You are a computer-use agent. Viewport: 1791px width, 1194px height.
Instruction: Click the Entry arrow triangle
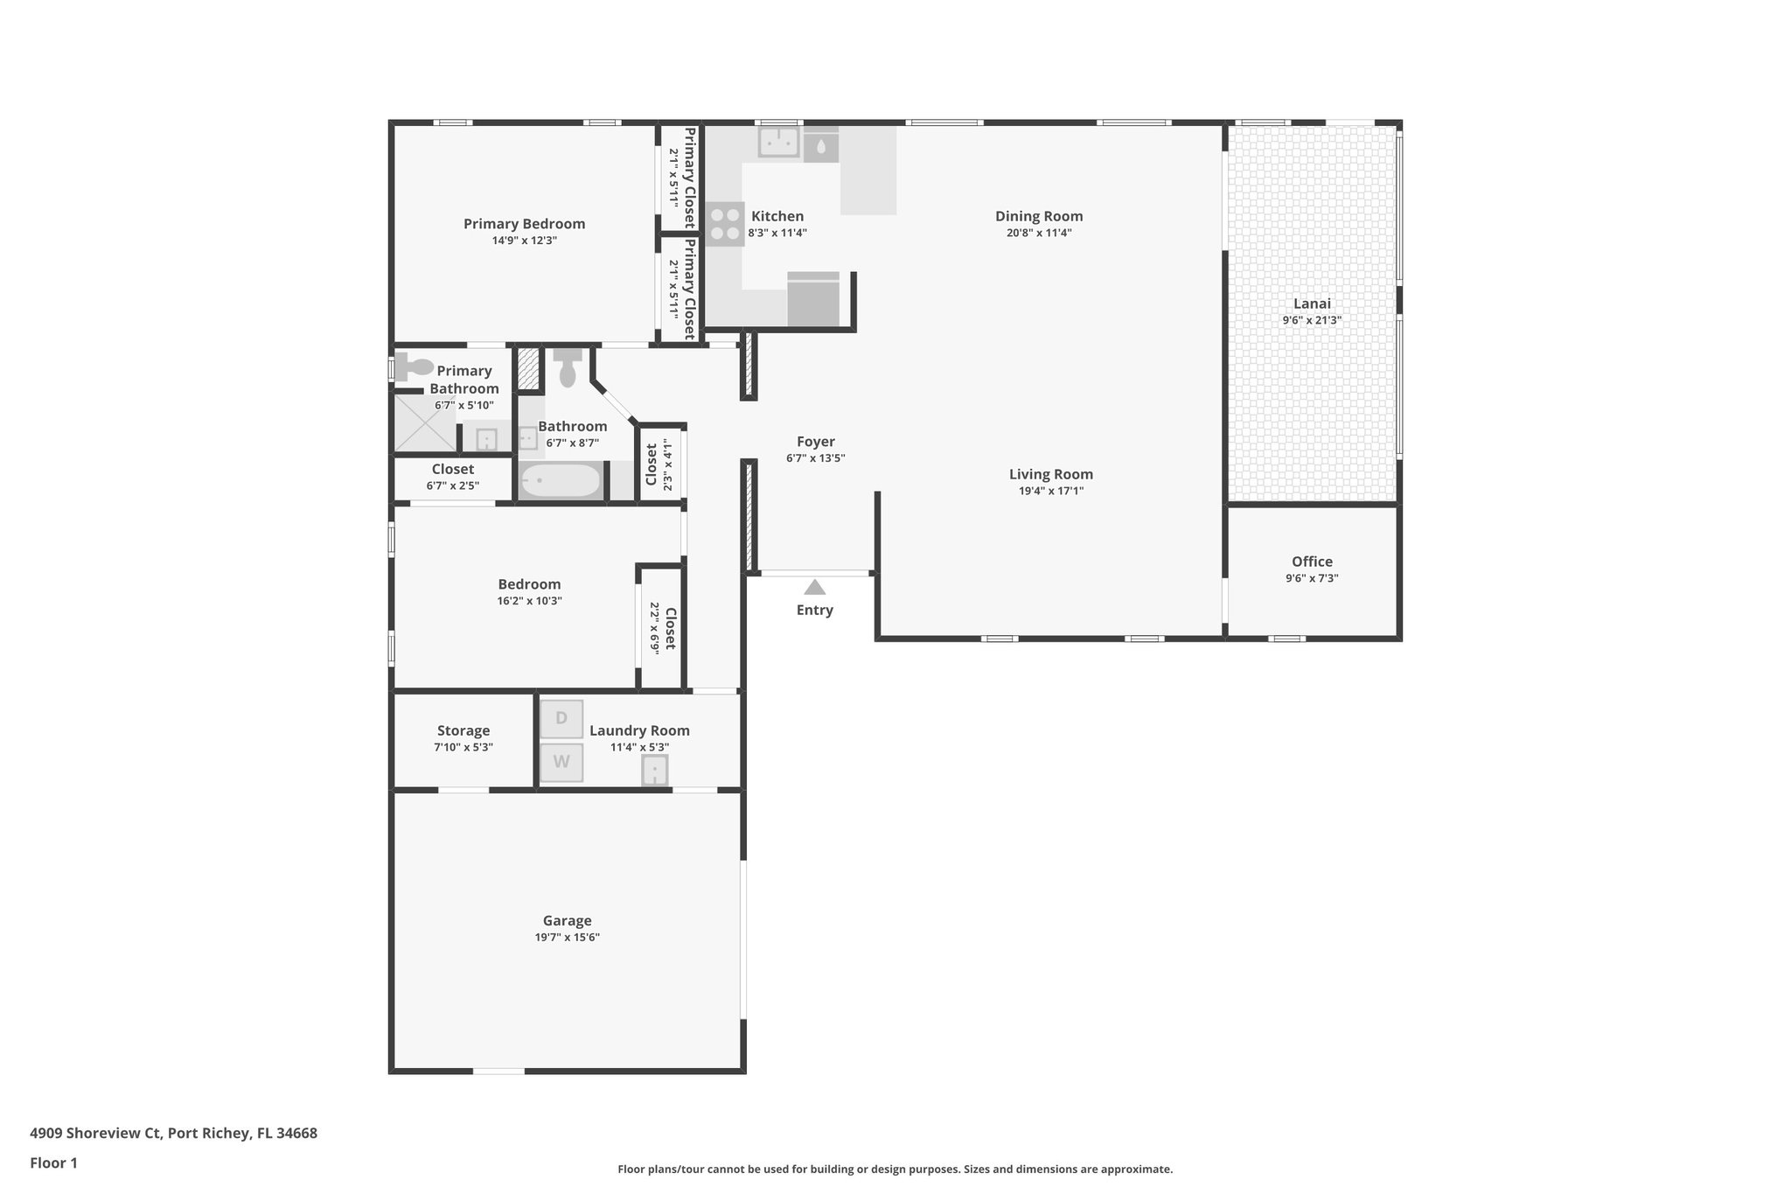pyautogui.click(x=814, y=587)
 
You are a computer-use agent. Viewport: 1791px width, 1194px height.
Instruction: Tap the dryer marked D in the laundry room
pyautogui.click(x=561, y=718)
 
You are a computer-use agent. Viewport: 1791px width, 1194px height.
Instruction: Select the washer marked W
pyautogui.click(x=561, y=762)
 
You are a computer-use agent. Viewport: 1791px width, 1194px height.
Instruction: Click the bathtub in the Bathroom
pyautogui.click(x=561, y=480)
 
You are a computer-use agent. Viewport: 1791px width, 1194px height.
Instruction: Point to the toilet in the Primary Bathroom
pyautogui.click(x=413, y=367)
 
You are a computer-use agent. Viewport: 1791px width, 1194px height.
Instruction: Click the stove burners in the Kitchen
pyautogui.click(x=724, y=224)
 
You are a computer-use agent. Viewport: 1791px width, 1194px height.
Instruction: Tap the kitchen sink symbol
pyautogui.click(x=778, y=142)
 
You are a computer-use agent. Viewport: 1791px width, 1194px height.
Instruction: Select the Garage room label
pyautogui.click(x=567, y=920)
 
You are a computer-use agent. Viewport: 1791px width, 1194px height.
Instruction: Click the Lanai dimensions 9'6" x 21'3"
pyautogui.click(x=1312, y=320)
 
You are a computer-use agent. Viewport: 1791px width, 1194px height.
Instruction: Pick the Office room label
pyautogui.click(x=1312, y=562)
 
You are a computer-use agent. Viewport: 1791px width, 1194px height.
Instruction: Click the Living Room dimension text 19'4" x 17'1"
pyautogui.click(x=1051, y=491)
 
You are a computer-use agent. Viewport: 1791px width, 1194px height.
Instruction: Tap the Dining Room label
pyautogui.click(x=1039, y=216)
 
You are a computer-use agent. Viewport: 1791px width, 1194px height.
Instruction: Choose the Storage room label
pyautogui.click(x=463, y=730)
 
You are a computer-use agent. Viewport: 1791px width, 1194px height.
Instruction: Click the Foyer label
pyautogui.click(x=815, y=442)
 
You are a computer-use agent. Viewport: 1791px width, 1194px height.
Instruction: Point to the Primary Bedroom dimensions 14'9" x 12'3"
pyautogui.click(x=524, y=241)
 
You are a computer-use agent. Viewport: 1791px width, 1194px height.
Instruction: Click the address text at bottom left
pyautogui.click(x=173, y=1133)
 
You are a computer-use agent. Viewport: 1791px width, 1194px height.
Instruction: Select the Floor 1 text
pyautogui.click(x=53, y=1163)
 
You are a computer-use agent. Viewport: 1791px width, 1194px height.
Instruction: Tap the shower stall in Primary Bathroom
pyautogui.click(x=424, y=423)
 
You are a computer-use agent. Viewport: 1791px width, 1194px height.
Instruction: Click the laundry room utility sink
pyautogui.click(x=655, y=771)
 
